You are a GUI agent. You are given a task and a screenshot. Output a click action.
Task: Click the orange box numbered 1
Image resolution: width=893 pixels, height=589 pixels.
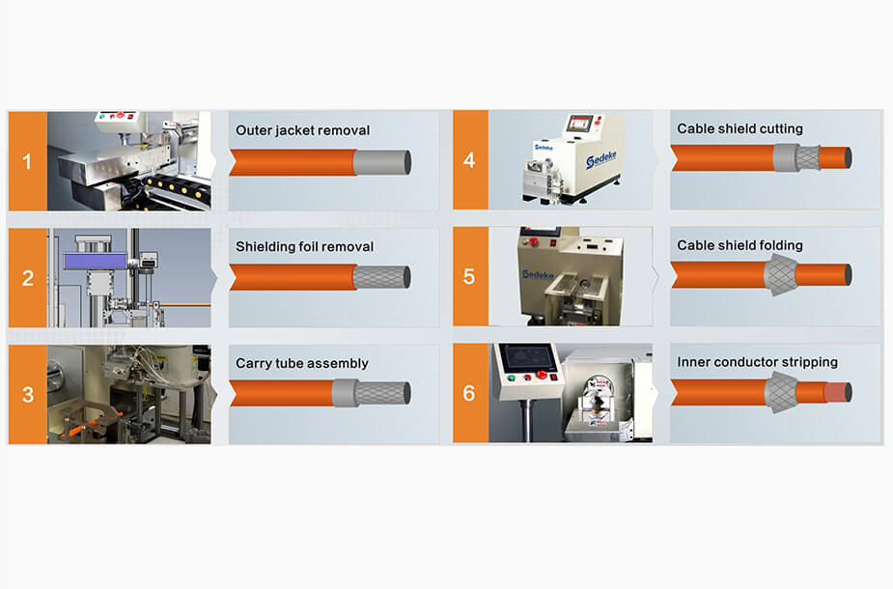click(x=27, y=161)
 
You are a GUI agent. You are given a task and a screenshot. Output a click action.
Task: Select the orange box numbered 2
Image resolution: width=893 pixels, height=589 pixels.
click(x=27, y=278)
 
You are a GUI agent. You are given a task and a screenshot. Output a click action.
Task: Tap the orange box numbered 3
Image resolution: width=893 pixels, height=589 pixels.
click(x=27, y=395)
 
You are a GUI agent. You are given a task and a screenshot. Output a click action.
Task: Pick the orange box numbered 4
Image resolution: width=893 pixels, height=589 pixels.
click(x=469, y=160)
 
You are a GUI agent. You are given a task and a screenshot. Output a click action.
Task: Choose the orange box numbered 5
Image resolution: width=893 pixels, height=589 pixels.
click(x=469, y=277)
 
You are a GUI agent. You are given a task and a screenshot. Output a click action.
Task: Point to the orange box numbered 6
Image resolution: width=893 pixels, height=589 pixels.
click(x=469, y=394)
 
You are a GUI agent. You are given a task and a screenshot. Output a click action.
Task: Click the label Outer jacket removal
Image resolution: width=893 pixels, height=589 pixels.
click(x=302, y=130)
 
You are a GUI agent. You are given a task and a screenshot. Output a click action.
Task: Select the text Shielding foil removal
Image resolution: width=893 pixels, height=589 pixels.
click(x=304, y=247)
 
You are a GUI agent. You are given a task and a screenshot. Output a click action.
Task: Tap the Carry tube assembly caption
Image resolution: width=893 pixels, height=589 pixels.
click(x=302, y=364)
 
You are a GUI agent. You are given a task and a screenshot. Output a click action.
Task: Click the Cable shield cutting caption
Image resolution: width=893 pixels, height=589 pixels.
click(x=740, y=128)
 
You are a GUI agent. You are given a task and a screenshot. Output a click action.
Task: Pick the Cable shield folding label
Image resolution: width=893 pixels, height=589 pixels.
click(x=740, y=245)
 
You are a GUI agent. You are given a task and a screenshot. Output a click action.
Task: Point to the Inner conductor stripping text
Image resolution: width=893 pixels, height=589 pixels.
click(x=757, y=362)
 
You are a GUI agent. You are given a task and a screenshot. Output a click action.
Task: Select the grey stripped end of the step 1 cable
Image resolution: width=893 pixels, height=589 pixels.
click(x=381, y=162)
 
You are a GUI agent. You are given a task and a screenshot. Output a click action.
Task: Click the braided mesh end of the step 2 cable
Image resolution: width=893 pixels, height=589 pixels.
click(x=381, y=278)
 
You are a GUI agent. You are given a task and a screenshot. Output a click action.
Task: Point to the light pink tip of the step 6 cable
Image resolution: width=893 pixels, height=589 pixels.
click(x=836, y=392)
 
